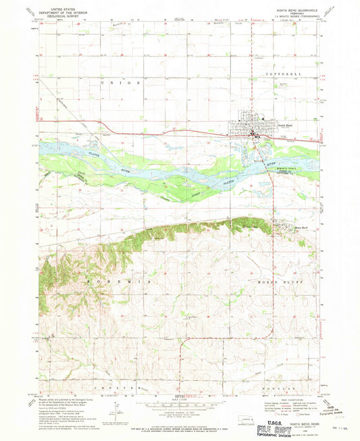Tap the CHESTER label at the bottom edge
126,390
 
